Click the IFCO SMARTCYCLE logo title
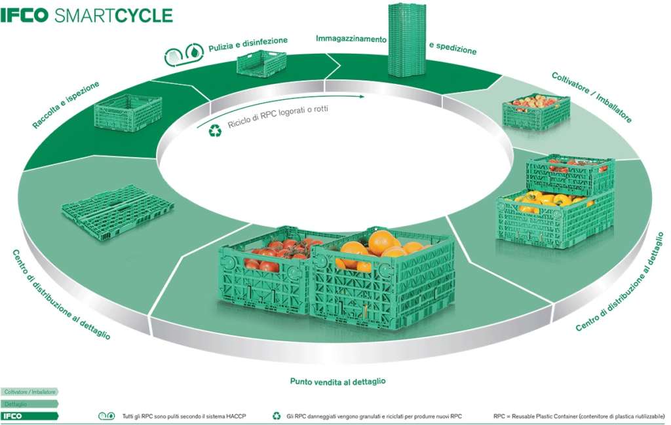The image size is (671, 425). (86, 15)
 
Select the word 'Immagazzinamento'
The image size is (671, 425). (351, 39)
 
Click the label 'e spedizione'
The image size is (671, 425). (452, 48)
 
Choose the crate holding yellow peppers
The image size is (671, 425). (554, 216)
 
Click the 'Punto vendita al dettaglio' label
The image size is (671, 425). (337, 380)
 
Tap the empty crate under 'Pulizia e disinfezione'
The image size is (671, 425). (261, 64)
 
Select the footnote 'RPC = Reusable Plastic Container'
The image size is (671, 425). (579, 416)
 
